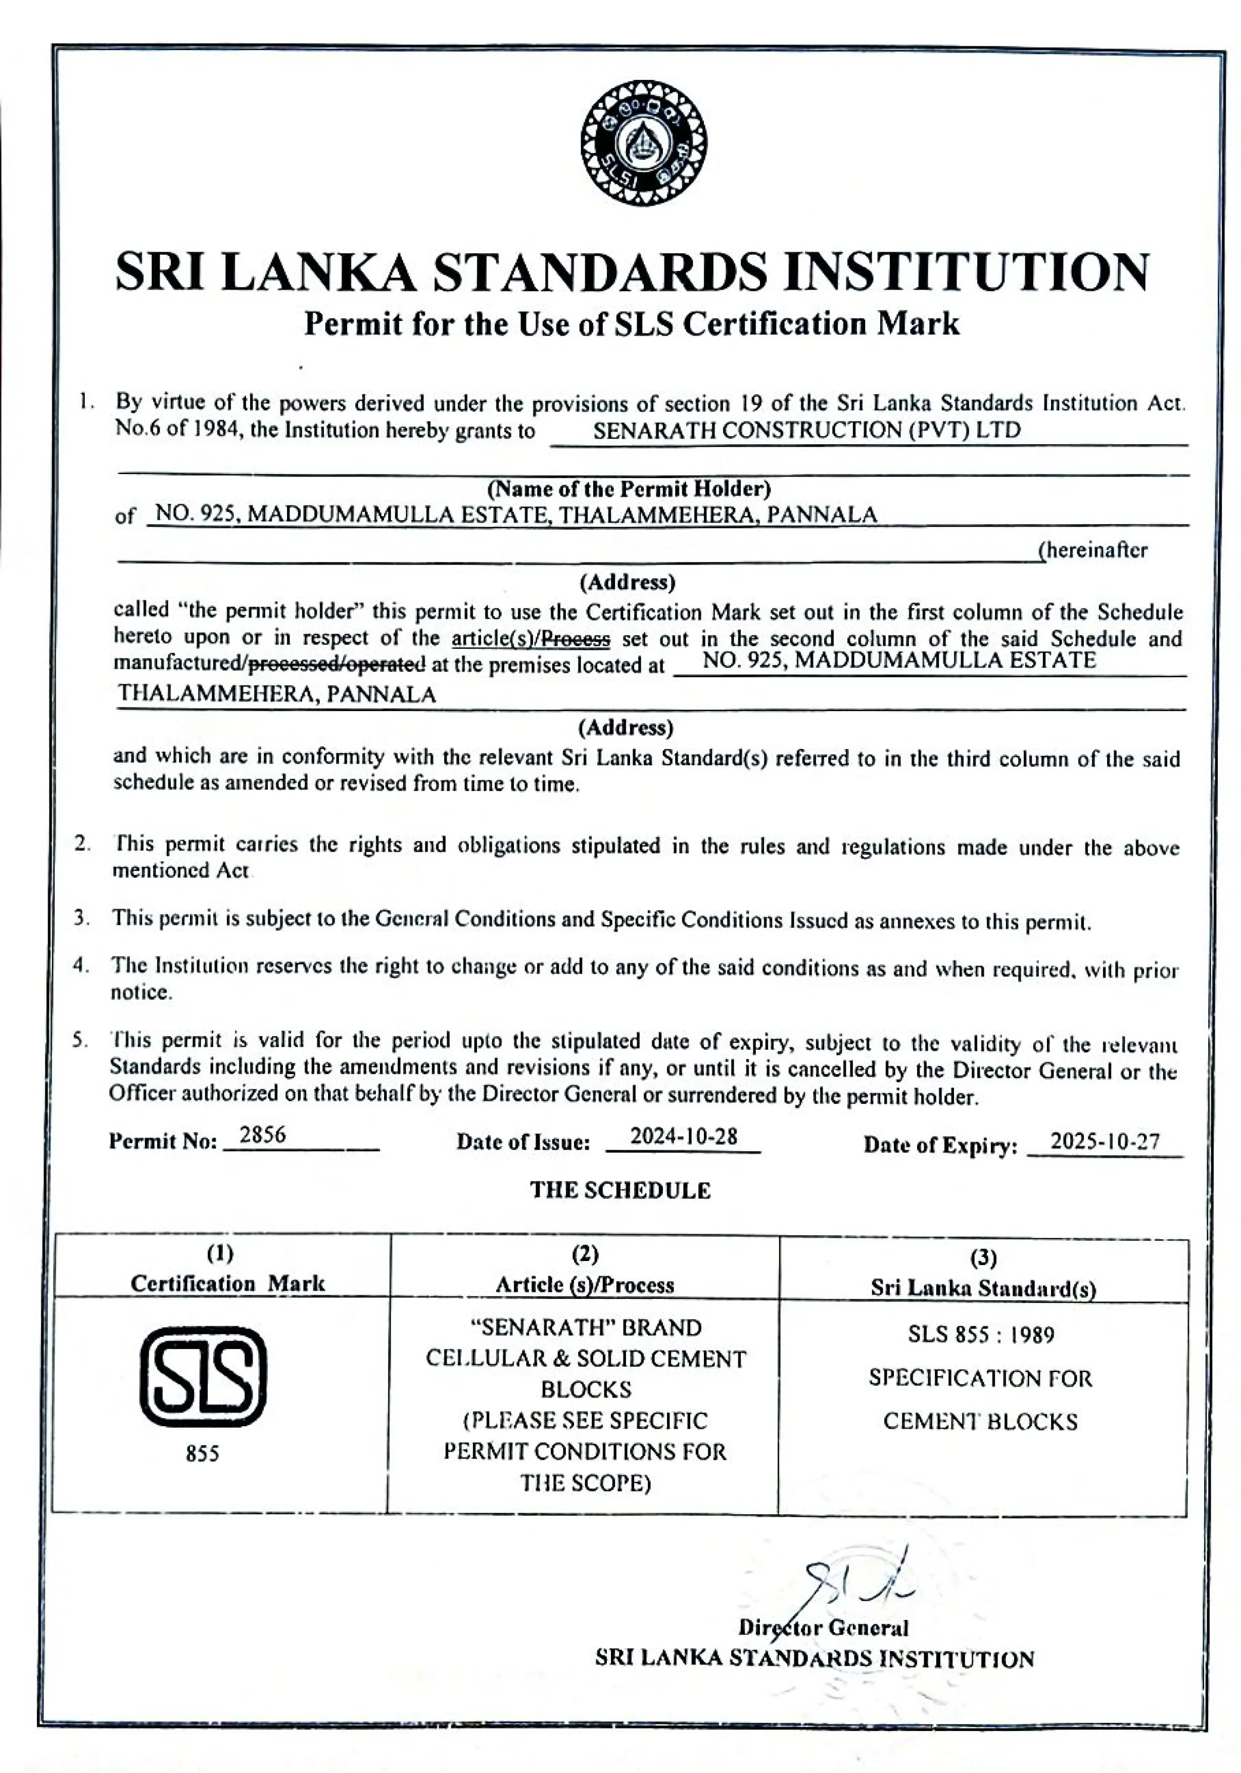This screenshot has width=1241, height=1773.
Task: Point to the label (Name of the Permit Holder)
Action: [x=629, y=488]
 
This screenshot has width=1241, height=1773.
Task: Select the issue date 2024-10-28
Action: [x=684, y=1137]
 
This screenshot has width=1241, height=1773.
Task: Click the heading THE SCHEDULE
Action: [x=619, y=1190]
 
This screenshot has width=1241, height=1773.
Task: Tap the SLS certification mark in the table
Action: [x=202, y=1376]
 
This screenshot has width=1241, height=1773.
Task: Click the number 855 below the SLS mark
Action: [x=202, y=1454]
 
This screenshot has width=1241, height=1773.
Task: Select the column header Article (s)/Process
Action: [x=585, y=1284]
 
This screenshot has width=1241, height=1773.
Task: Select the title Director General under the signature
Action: [x=823, y=1628]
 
